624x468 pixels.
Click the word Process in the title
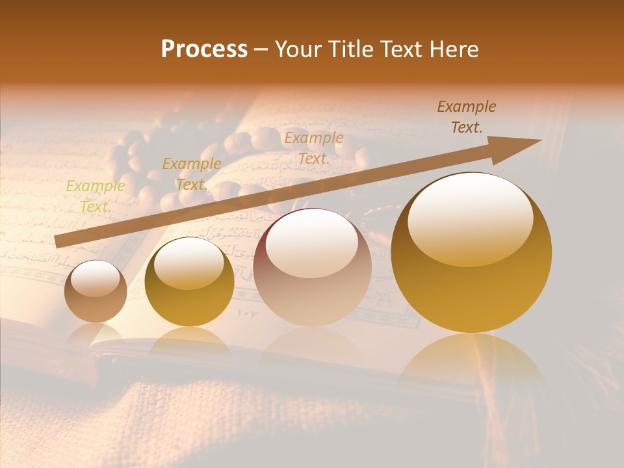point(204,49)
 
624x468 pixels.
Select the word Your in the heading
point(299,49)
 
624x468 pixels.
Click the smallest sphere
point(96,291)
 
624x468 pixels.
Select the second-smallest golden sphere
point(189,281)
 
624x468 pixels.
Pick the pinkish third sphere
point(312,266)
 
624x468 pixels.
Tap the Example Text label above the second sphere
point(191,174)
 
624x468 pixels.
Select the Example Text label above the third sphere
point(313,148)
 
